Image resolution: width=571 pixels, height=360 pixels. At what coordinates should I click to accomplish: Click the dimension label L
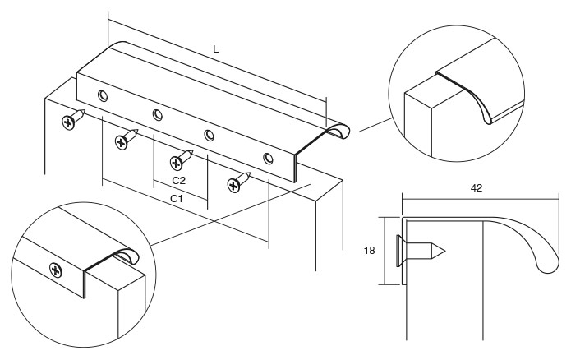(216, 49)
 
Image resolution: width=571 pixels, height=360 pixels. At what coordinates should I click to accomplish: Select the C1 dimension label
(176, 199)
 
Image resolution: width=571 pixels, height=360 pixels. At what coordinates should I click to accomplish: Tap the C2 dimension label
(177, 178)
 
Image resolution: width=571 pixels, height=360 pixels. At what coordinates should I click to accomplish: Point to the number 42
(476, 187)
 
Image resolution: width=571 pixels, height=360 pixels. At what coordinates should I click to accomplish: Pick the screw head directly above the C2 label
(177, 161)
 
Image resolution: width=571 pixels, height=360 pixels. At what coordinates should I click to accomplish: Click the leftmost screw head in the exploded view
(67, 122)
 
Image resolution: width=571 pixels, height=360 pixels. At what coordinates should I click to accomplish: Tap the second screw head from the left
(121, 142)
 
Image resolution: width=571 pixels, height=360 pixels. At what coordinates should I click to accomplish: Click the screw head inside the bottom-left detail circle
(56, 268)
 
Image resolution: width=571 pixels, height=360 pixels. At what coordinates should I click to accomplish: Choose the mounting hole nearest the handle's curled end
(267, 157)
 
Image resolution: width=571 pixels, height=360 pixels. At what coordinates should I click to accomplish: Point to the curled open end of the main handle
(337, 131)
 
